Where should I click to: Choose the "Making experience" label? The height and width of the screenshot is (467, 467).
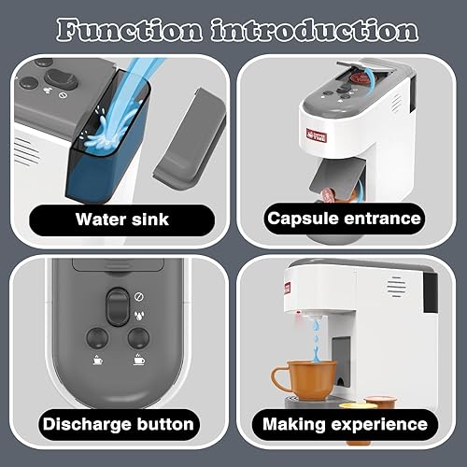coord(346,424)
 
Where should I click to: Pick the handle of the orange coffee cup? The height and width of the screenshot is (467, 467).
coord(278,378)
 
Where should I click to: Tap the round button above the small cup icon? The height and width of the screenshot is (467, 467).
coord(96,339)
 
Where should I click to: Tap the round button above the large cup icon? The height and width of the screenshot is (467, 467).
coord(137,339)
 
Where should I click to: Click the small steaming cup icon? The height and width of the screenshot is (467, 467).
coord(96,360)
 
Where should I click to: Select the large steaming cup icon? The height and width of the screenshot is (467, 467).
coord(137,361)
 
